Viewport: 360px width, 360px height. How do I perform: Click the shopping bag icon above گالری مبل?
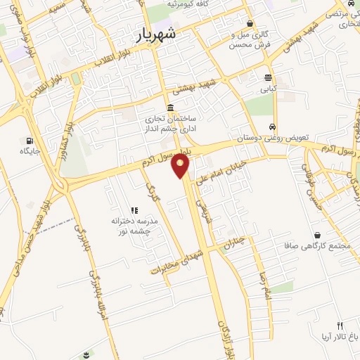250,24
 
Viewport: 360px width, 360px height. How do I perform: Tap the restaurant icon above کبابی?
269,77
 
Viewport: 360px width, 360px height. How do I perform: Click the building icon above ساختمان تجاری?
171,105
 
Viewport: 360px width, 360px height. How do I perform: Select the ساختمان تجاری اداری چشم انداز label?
171,124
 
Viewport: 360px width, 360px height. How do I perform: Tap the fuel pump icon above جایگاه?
29,139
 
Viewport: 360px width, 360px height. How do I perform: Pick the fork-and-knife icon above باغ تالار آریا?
340,325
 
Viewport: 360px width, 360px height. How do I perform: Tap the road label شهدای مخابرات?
176,261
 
